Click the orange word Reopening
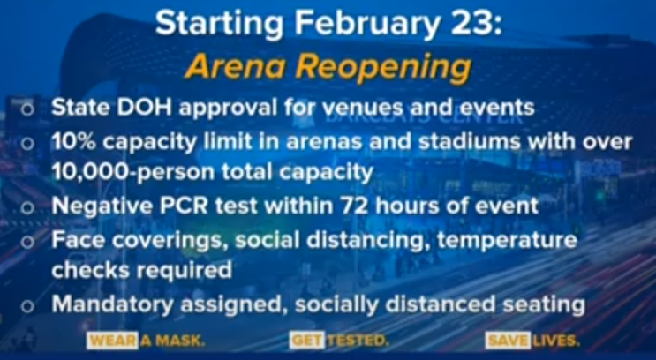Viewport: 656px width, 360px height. pyautogui.click(x=384, y=69)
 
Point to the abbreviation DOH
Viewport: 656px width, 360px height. pyautogui.click(x=144, y=108)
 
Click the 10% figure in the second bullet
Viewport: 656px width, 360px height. pyautogui.click(x=74, y=143)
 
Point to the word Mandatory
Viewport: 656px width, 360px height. pyautogui.click(x=112, y=304)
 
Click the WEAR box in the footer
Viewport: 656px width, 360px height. pyautogui.click(x=112, y=341)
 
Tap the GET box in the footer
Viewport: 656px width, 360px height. pyautogui.click(x=306, y=341)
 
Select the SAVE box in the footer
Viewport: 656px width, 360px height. pyautogui.click(x=508, y=341)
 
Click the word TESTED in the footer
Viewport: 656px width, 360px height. pyautogui.click(x=358, y=341)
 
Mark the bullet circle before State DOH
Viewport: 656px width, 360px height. pyautogui.click(x=27, y=110)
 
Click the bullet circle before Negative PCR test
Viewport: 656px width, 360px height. pyautogui.click(x=27, y=208)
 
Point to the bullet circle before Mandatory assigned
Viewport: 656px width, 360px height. pyautogui.click(x=27, y=306)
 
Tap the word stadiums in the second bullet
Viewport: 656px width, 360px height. pyautogui.click(x=470, y=143)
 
